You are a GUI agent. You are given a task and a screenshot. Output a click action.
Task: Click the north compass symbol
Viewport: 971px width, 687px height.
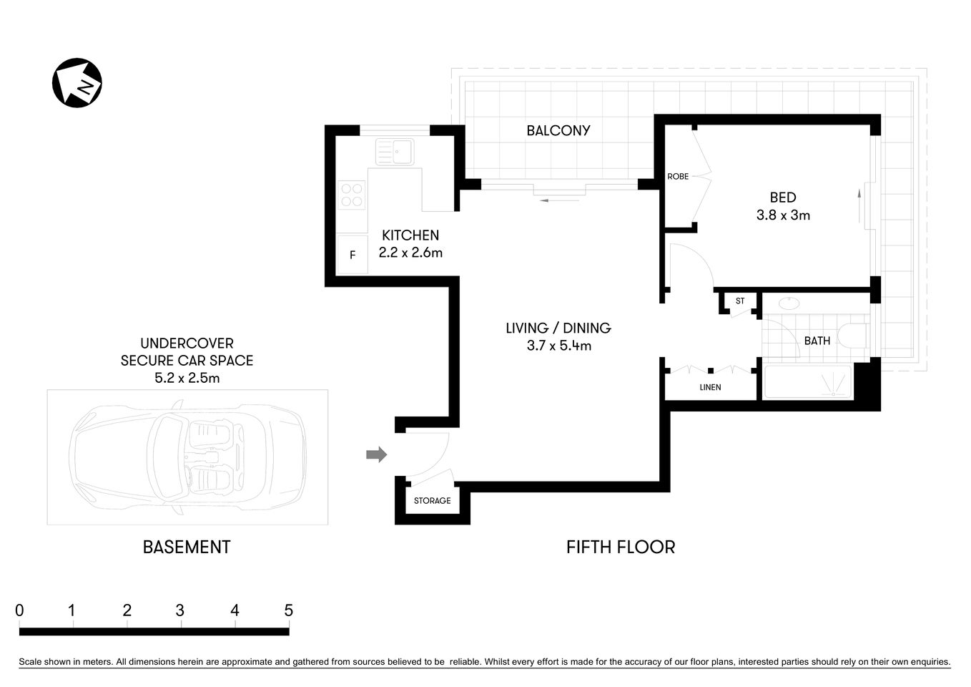click(77, 83)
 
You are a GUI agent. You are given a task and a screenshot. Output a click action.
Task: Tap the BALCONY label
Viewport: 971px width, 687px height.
click(558, 130)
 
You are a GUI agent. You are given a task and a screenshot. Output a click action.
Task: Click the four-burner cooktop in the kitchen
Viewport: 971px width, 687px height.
click(352, 195)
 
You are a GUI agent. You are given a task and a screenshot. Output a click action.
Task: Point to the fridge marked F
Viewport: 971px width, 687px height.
click(353, 255)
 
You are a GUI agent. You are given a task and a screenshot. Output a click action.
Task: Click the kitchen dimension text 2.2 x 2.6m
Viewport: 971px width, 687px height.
click(410, 253)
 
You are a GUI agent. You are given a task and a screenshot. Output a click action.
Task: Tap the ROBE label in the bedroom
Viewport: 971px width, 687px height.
click(678, 176)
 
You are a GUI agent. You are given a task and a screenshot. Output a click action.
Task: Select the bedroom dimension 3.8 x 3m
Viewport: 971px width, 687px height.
click(783, 215)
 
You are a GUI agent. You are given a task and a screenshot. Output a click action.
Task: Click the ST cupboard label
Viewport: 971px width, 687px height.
click(740, 301)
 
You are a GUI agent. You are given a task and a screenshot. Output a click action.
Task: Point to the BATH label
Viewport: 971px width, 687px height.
click(817, 341)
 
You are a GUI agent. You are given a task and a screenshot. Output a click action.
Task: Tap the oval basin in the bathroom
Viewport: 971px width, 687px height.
click(789, 303)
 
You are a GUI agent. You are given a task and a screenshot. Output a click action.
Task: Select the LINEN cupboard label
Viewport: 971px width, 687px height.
click(710, 387)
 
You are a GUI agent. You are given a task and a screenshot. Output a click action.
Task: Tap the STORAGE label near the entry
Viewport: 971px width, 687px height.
click(432, 500)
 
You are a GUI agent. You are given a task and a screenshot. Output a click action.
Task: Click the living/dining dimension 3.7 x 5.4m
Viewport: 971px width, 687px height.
click(558, 346)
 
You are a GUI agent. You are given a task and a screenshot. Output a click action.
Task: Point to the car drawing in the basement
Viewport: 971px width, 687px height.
click(187, 456)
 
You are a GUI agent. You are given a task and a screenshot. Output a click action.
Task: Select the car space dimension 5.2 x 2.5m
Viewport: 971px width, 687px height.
click(187, 378)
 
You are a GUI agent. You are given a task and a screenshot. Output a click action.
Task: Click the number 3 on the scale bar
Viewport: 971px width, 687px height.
click(180, 610)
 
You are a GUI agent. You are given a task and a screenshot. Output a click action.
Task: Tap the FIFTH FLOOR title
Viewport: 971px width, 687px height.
click(621, 547)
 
